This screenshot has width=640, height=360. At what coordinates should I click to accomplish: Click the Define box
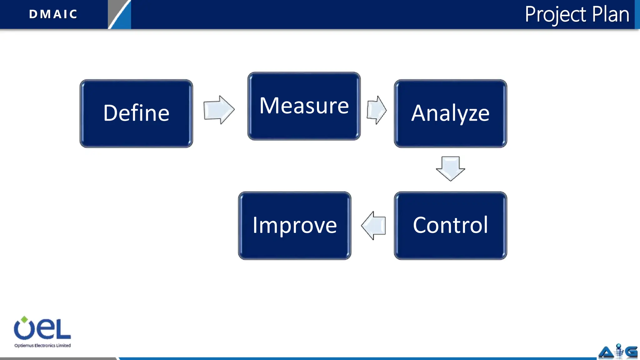pyautogui.click(x=136, y=113)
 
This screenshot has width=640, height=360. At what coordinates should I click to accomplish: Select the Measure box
pyautogui.click(x=304, y=106)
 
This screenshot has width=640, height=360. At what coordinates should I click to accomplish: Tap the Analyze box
pyautogui.click(x=450, y=113)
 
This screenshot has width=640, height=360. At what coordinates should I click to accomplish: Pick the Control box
pyautogui.click(x=450, y=225)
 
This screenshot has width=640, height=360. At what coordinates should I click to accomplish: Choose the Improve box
pyautogui.click(x=294, y=225)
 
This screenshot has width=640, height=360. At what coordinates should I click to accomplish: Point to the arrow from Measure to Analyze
pyautogui.click(x=377, y=110)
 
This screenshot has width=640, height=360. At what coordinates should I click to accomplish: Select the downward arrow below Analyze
pyautogui.click(x=450, y=168)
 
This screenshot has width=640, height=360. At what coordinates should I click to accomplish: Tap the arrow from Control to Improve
pyautogui.click(x=373, y=225)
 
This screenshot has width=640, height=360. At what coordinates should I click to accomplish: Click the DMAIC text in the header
pyautogui.click(x=53, y=14)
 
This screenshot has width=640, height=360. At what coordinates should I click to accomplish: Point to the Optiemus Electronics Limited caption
pyautogui.click(x=42, y=345)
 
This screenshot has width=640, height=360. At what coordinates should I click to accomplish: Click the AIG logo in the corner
pyautogui.click(x=618, y=352)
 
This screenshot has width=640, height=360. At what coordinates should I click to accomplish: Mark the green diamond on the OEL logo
pyautogui.click(x=24, y=319)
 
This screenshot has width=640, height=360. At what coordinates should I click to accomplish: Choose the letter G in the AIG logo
pyautogui.click(x=631, y=352)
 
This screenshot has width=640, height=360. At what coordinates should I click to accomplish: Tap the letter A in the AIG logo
pyautogui.click(x=606, y=352)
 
